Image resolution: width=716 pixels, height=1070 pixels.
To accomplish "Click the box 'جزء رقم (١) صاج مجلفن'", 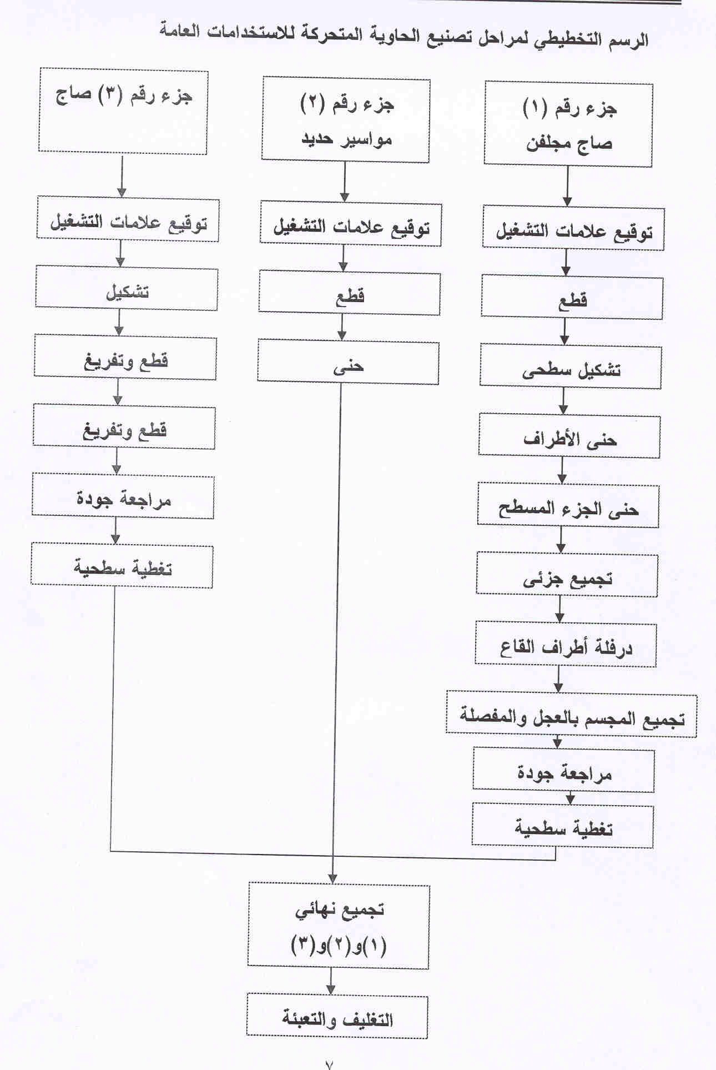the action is [568, 124].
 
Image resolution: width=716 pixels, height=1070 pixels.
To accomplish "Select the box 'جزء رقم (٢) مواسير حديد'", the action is [346, 120].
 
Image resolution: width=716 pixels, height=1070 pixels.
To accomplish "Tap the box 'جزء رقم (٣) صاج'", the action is [123, 111].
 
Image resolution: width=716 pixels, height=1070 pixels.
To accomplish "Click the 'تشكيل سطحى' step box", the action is [571, 366].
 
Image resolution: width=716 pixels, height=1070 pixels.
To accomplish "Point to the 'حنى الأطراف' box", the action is [569, 435].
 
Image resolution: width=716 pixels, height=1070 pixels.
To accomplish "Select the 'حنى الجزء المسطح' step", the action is [568, 505].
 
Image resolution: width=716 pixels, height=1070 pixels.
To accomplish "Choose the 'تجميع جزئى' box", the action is [567, 575].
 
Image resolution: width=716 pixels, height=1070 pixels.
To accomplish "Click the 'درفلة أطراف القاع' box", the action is [566, 645].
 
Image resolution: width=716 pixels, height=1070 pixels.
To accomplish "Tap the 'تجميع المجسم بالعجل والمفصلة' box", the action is [572, 714].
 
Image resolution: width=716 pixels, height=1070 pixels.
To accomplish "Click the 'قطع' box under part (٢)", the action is [350, 293].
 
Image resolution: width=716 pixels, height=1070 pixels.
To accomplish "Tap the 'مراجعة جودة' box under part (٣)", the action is [123, 496].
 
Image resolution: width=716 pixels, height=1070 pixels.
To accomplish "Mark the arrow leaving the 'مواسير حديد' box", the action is [345, 182].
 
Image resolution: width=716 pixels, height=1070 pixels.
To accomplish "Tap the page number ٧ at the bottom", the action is [329, 1063].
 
